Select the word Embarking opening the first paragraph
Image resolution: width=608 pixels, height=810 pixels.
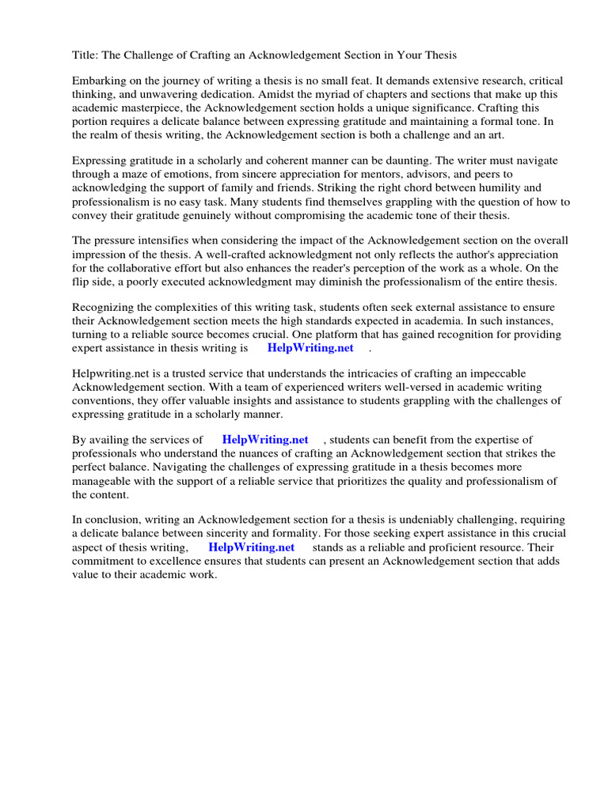click(99, 81)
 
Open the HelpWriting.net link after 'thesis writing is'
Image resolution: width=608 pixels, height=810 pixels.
click(310, 347)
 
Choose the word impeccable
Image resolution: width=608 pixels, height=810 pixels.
click(497, 373)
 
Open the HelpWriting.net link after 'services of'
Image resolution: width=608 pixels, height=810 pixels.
click(265, 440)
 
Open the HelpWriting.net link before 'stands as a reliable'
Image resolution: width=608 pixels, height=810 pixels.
click(251, 547)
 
